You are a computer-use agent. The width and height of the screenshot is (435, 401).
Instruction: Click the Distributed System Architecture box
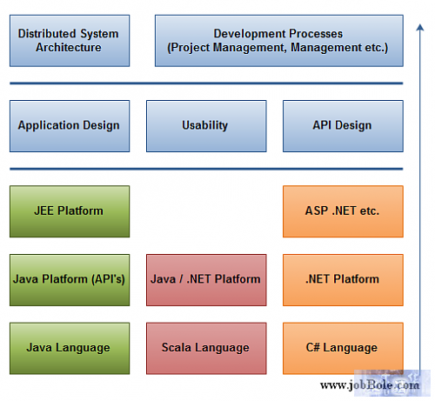pyautogui.click(x=70, y=41)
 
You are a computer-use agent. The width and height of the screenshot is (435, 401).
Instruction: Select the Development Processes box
pyautogui.click(x=279, y=41)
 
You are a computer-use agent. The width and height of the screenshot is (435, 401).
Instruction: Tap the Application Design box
pyautogui.click(x=70, y=126)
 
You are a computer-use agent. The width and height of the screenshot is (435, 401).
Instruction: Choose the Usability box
pyautogui.click(x=206, y=126)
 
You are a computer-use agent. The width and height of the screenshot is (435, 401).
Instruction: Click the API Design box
pyautogui.click(x=343, y=126)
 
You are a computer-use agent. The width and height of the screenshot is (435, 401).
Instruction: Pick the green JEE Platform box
pyautogui.click(x=70, y=211)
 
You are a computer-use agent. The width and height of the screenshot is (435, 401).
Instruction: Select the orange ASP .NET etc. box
pyautogui.click(x=343, y=211)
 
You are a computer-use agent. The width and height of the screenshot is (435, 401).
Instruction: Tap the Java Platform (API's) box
pyautogui.click(x=70, y=280)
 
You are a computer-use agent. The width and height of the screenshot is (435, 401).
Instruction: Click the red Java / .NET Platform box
pyautogui.click(x=206, y=280)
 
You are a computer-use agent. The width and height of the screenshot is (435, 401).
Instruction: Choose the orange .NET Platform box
pyautogui.click(x=343, y=280)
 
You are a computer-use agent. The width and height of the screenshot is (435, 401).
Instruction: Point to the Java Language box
pyautogui.click(x=70, y=349)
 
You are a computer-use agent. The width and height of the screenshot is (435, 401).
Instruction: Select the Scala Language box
pyautogui.click(x=206, y=349)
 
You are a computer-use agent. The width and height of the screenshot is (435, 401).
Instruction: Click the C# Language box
pyautogui.click(x=343, y=349)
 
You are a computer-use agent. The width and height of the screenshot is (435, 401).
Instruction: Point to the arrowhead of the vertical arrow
pyautogui.click(x=419, y=24)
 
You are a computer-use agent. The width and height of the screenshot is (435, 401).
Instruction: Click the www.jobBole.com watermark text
pyautogui.click(x=370, y=385)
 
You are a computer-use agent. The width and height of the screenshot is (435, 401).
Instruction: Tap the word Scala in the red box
pyautogui.click(x=176, y=347)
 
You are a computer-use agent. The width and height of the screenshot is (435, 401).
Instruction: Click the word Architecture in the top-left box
pyautogui.click(x=69, y=47)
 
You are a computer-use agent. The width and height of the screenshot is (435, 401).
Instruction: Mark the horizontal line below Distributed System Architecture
pyautogui.click(x=206, y=84)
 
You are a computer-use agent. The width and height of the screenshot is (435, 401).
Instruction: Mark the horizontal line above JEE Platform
pyautogui.click(x=206, y=169)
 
